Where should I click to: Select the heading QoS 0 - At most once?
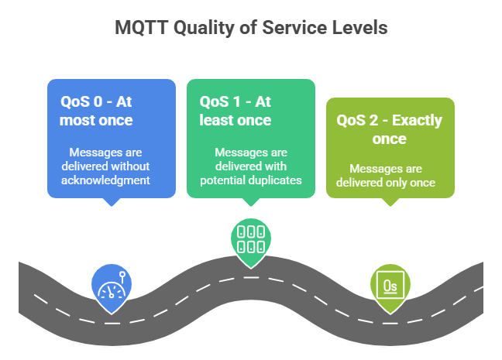(96, 111)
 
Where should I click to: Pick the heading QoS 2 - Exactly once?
(389, 129)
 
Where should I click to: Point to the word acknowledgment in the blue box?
(107, 180)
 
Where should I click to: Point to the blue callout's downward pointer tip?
(112, 205)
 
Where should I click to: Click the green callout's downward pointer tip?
(250, 205)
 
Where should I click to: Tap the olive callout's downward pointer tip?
(390, 205)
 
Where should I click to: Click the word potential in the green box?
(222, 180)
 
